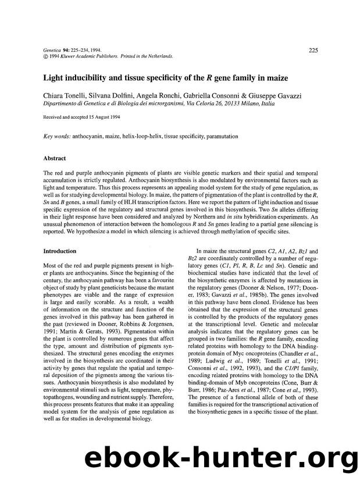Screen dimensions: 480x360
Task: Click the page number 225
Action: [312, 51]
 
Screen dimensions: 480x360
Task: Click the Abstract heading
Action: [55, 158]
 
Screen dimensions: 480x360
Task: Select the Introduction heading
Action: [60, 251]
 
